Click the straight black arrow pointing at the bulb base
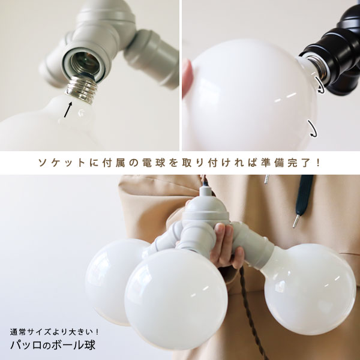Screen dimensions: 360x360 pyautogui.click(x=68, y=110)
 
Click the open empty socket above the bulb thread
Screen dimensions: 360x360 pyautogui.click(x=85, y=63)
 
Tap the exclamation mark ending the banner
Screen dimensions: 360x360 pyautogui.click(x=317, y=163)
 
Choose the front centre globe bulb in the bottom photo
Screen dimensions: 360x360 pyautogui.click(x=176, y=298)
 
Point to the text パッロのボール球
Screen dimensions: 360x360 pyautogui.click(x=53, y=345)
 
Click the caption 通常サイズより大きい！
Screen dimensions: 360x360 pyautogui.click(x=55, y=332)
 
